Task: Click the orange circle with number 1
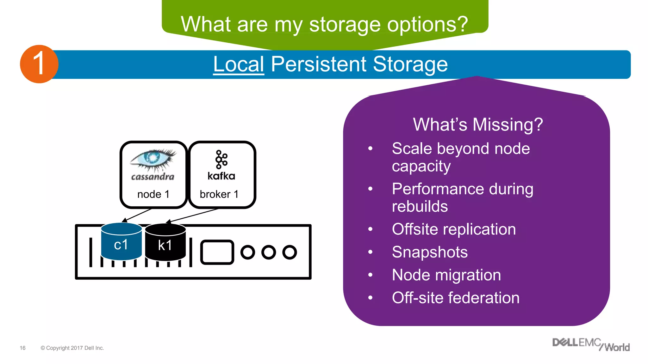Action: (x=39, y=64)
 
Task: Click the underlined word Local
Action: (x=238, y=64)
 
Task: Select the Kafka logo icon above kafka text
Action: (x=221, y=160)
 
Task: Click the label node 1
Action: (x=153, y=194)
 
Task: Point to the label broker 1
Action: (x=219, y=194)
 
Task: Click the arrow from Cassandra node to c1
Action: (x=138, y=215)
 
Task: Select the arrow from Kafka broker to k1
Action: (x=193, y=215)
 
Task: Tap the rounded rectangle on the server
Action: (x=217, y=252)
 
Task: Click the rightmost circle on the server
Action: (x=290, y=252)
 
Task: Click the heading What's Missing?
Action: (x=478, y=124)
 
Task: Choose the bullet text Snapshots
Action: (x=429, y=252)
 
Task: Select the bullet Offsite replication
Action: (x=453, y=229)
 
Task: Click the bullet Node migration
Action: (x=446, y=275)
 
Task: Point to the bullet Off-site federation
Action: (x=455, y=298)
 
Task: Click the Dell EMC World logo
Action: (x=590, y=344)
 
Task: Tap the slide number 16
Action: (x=22, y=348)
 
